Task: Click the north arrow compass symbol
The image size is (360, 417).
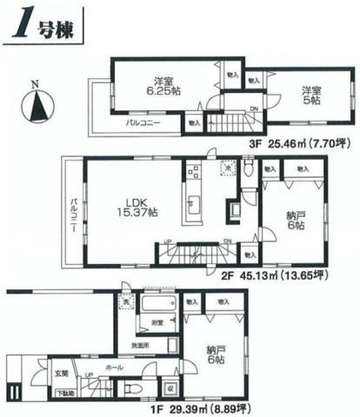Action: (37, 105)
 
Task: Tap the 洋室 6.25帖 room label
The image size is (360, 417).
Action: (161, 84)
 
